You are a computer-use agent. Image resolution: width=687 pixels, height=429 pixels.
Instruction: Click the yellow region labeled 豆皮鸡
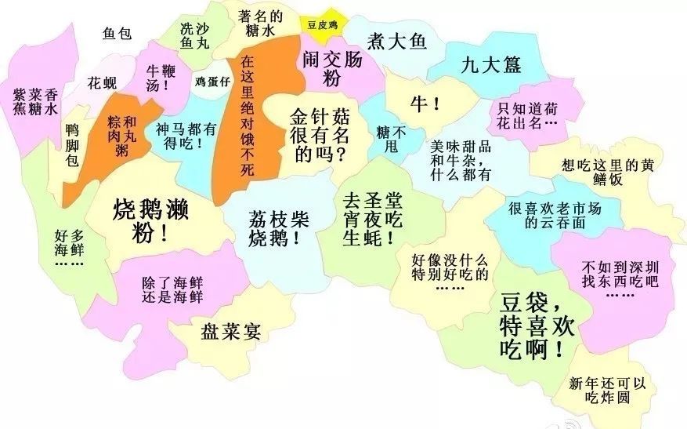coord(321,24)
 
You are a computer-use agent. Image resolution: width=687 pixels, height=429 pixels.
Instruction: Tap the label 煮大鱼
coord(397,42)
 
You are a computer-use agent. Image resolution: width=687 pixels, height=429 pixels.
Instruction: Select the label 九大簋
coord(491,64)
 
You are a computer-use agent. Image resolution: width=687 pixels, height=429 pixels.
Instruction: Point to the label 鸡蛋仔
coord(212,82)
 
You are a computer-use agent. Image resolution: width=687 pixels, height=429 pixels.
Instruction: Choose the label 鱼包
coord(119,34)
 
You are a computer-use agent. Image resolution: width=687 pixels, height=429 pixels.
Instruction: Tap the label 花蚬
coord(102,82)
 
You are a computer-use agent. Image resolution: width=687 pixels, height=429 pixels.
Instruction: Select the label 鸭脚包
coord(72,145)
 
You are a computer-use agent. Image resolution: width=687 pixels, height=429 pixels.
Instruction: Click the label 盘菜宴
coord(230,330)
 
